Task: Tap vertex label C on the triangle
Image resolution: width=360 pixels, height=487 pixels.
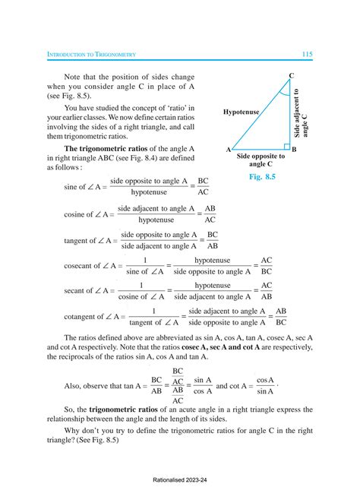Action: (x=291, y=74)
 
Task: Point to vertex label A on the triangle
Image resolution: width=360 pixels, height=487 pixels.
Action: (x=228, y=150)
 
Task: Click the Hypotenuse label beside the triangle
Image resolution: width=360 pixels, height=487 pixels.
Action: (x=242, y=112)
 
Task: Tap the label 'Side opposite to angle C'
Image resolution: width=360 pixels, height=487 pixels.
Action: (x=261, y=160)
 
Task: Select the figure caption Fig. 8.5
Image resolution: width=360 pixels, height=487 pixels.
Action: (x=261, y=176)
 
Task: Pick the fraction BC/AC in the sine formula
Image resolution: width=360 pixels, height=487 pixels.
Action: (x=203, y=187)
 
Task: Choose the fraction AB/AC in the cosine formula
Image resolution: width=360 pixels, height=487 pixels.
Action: (x=210, y=213)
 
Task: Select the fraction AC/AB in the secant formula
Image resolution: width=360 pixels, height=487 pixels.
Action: (x=267, y=292)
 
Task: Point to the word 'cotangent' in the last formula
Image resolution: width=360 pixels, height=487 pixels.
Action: (x=80, y=318)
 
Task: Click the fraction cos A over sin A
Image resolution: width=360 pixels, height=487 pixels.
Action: (x=264, y=385)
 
